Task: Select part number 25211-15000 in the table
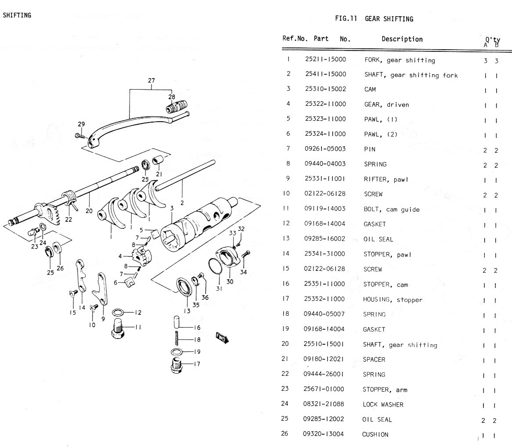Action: click(x=325, y=60)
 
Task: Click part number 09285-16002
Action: click(x=325, y=239)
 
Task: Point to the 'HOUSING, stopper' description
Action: click(x=386, y=299)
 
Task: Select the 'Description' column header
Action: click(x=402, y=39)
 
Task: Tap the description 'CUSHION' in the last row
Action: click(x=375, y=434)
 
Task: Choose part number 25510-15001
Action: click(x=324, y=344)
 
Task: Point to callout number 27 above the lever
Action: click(x=151, y=80)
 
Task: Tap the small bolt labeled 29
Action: click(x=79, y=135)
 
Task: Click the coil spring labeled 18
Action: click(x=177, y=339)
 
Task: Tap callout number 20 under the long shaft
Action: click(x=89, y=211)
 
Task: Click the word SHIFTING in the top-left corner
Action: click(x=17, y=15)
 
